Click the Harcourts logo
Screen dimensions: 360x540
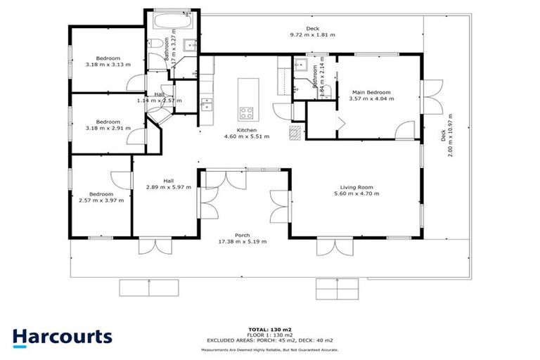point(62,336)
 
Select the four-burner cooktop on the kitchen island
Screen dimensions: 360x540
point(247,112)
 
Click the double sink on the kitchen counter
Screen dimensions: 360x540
point(205,105)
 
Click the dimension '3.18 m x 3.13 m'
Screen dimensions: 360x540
point(103,65)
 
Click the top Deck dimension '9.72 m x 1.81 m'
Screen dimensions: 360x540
point(312,34)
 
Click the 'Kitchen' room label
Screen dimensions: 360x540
point(246,131)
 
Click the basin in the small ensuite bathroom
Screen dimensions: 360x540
point(300,70)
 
